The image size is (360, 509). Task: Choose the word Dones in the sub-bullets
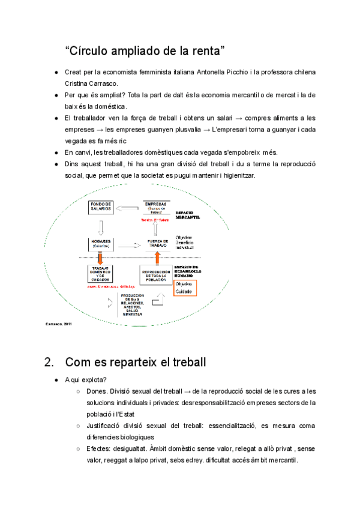pyautogui.click(x=97, y=391)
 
